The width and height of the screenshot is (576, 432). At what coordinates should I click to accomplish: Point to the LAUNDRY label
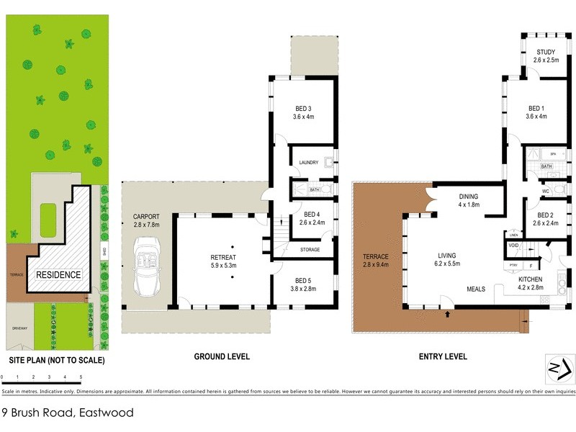(x=307, y=163)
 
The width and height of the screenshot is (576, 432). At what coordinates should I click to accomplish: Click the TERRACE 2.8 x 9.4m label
(x=376, y=261)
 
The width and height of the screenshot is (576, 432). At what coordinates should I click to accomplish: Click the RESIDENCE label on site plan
(x=58, y=275)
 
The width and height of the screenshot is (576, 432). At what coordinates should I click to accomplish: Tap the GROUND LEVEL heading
(x=222, y=356)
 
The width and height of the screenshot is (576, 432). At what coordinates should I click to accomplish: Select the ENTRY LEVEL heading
(x=442, y=356)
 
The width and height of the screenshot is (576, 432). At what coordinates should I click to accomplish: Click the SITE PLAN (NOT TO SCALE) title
(x=56, y=360)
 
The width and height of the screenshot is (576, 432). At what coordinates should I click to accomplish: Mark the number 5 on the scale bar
(x=81, y=377)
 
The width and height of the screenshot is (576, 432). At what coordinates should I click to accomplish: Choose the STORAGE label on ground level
(x=310, y=249)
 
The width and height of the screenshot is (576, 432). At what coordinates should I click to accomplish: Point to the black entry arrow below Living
(x=448, y=314)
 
